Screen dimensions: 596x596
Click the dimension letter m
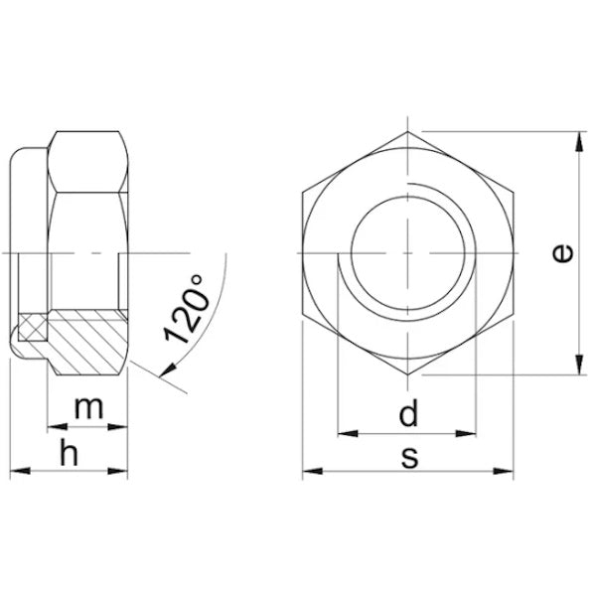88,408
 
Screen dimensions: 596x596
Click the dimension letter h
70,452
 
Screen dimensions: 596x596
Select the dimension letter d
408,411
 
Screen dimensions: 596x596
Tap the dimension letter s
409,457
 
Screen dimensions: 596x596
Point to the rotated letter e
562,253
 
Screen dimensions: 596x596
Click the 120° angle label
187,308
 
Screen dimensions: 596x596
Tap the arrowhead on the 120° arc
168,370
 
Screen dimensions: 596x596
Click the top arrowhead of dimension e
579,141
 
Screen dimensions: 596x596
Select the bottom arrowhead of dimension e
579,365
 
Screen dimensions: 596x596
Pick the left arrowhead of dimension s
313,471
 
